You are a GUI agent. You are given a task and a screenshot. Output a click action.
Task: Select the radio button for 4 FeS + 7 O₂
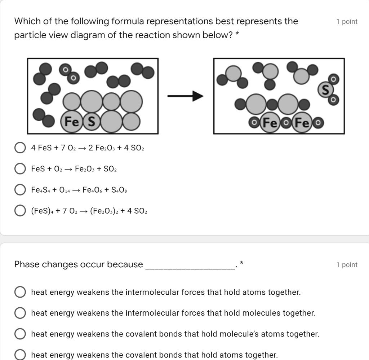20,148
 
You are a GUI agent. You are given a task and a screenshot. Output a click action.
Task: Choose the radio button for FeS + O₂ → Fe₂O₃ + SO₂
20,169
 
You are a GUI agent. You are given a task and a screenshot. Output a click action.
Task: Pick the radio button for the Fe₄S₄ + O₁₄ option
20,190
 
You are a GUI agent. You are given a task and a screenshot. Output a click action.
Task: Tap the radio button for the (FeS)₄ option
20,211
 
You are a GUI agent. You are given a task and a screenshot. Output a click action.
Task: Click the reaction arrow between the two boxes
186,96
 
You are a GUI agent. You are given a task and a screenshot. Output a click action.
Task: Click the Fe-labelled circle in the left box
71,122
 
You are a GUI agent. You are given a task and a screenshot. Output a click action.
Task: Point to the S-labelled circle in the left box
92,122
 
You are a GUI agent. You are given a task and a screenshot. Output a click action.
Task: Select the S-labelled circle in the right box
325,90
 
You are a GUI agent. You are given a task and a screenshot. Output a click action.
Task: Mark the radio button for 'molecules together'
20,313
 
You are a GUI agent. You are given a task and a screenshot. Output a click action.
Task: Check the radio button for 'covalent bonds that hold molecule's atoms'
20,334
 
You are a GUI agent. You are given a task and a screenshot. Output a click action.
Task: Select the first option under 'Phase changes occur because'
20,292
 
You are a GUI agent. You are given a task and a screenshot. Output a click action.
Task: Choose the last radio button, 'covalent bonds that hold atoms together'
20,355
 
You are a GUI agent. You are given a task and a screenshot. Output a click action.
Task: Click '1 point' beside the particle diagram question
347,22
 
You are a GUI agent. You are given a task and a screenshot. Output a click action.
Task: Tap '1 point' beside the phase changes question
347,265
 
